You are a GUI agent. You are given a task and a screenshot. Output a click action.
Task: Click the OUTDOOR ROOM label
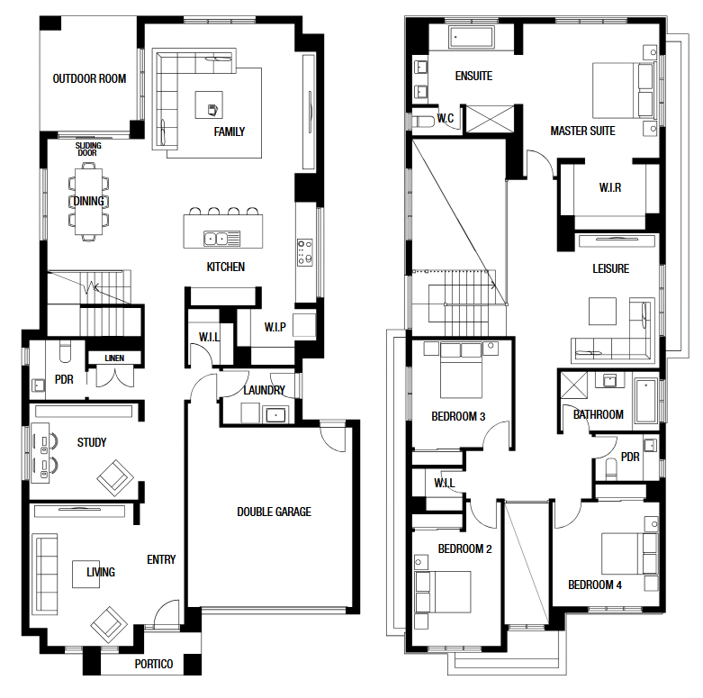pos(89,79)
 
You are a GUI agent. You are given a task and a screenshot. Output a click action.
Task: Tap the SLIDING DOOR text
pos(88,149)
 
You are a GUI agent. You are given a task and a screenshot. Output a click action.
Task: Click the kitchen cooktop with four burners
pos(305,252)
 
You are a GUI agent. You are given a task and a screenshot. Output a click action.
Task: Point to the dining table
pos(89,202)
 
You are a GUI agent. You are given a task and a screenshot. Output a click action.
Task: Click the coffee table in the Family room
pos(209,105)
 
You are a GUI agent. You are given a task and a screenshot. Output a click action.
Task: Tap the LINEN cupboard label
pos(114,358)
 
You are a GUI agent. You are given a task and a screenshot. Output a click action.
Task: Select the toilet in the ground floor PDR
pos(65,351)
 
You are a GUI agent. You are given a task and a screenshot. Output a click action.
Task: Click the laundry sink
pos(275,415)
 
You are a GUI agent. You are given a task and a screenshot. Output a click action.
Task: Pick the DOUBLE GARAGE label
pos(274,512)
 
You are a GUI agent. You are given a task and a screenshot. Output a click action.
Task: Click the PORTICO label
pos(154,664)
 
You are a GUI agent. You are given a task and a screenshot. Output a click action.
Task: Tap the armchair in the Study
pos(115,478)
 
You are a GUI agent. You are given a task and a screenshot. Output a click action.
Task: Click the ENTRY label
pos(161,560)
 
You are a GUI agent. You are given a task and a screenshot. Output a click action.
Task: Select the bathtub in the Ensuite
pos(471,37)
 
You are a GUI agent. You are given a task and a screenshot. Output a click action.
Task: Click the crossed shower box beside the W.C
pos(490,119)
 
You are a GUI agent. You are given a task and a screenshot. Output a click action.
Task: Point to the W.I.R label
pos(610,187)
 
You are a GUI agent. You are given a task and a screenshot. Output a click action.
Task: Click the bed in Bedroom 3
pos(462,370)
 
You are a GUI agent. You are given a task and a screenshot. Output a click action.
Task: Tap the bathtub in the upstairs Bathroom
pos(645,401)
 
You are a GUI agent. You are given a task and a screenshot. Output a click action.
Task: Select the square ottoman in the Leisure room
pos(602,311)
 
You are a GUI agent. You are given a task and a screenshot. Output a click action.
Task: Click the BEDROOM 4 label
pos(595,585)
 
